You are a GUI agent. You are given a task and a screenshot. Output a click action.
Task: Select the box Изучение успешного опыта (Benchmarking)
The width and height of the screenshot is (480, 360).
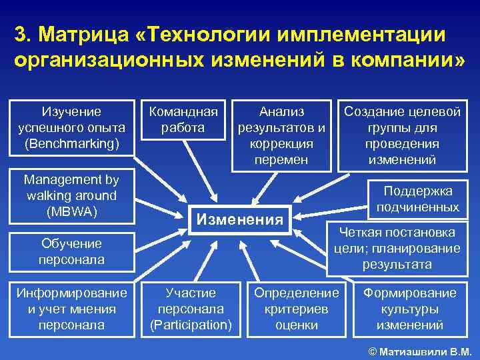click(71, 127)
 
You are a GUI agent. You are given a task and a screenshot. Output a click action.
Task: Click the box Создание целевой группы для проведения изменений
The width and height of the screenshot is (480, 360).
click(402, 135)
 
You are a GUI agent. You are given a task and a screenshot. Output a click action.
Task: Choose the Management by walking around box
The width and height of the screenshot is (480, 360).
click(71, 195)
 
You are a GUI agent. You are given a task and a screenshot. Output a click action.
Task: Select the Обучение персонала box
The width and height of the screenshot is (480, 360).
click(71, 251)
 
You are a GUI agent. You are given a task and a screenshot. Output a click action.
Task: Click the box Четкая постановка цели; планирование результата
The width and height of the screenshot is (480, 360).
click(397, 249)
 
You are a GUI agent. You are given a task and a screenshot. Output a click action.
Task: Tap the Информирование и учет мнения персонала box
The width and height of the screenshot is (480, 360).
click(71, 309)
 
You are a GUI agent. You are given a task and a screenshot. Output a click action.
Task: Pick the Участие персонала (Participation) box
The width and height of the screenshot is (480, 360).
click(191, 309)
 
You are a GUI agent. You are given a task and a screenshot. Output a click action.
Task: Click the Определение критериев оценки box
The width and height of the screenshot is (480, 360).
click(297, 309)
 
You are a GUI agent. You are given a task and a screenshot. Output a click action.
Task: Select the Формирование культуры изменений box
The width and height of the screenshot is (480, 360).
click(409, 309)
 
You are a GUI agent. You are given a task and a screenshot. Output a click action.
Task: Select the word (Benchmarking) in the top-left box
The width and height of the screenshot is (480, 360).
click(71, 143)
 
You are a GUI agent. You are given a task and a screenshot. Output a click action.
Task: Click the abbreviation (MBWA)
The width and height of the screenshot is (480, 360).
click(71, 211)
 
